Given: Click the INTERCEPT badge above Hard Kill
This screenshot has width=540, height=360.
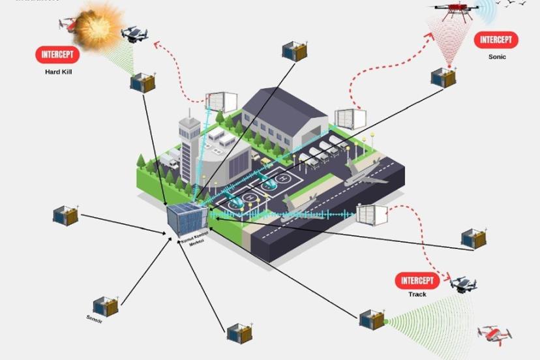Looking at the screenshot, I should (57, 55).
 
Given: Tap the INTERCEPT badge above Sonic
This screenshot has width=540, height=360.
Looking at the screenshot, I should (496, 40).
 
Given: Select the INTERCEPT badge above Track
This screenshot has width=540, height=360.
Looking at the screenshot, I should (417, 281).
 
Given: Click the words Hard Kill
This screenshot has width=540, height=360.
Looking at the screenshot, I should (57, 72).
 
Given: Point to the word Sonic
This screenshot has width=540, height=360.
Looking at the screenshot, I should (497, 57).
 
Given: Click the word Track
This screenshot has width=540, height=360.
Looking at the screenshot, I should (417, 295).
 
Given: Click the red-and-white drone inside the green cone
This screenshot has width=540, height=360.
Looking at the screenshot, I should (494, 334).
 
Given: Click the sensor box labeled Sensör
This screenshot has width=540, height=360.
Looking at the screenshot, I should (104, 306).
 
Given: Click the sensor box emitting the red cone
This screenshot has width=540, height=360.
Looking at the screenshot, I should (443, 77).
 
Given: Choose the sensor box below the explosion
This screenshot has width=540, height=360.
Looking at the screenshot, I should (142, 83).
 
